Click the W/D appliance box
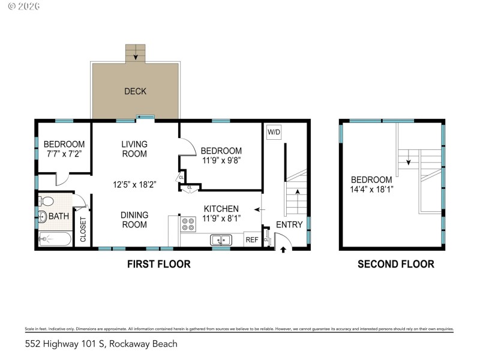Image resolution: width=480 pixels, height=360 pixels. pos(274,132)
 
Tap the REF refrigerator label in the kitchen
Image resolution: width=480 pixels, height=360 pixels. pos(252,240)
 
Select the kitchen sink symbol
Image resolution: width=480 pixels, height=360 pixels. pos(221,241)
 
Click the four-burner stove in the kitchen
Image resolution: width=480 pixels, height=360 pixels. pos(188,224)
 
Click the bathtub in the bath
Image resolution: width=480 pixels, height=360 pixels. pos(55,240)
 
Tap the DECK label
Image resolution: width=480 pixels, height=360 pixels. pos(135,91)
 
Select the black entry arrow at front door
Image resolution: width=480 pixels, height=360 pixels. pos(283,249)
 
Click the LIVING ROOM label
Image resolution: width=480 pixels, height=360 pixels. pos(134,149)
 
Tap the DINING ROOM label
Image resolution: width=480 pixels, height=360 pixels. pos(134,220)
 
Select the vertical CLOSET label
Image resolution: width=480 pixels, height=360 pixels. pos(83,229)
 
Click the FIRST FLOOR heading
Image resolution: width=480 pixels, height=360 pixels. pos(159,264)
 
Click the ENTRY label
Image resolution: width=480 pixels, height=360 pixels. pos(289,224)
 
